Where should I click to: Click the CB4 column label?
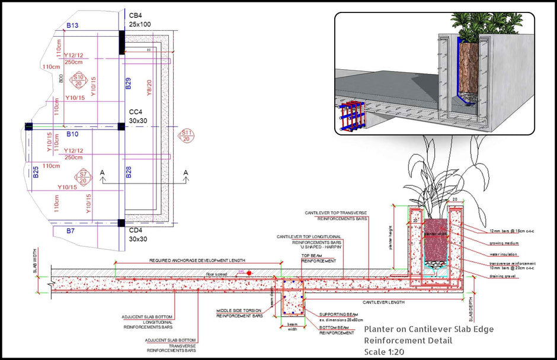[x=135, y=15]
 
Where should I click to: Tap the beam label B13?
[x=73, y=25]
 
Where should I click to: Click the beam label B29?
[x=128, y=83]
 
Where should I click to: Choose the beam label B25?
[x=36, y=172]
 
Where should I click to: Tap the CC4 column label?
[x=136, y=111]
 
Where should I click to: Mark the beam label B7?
[x=71, y=230]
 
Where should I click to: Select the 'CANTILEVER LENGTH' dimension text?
[x=383, y=302]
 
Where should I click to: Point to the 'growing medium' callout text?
[x=504, y=243]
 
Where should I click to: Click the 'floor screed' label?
[x=217, y=274]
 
